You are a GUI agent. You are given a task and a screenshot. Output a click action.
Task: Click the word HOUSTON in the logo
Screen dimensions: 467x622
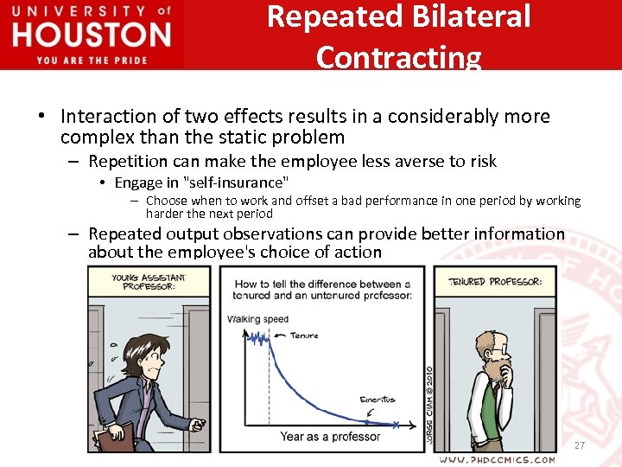click(x=92, y=35)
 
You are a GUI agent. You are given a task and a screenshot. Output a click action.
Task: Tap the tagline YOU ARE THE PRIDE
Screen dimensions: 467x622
click(x=92, y=60)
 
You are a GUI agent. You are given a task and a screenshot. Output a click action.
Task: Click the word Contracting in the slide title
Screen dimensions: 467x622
click(x=398, y=57)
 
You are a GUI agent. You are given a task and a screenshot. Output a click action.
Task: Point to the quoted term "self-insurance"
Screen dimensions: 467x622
click(x=237, y=182)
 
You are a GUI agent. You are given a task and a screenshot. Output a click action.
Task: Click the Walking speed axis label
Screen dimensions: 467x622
click(x=257, y=319)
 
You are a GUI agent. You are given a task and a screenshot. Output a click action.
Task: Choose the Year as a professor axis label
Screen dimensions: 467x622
click(x=330, y=437)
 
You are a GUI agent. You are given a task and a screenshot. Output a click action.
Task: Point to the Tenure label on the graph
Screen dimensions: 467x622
click(x=304, y=336)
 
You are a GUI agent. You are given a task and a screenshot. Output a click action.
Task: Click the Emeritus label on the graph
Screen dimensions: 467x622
click(x=377, y=400)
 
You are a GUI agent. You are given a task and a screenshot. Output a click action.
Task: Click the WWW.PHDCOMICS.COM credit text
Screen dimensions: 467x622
click(x=497, y=459)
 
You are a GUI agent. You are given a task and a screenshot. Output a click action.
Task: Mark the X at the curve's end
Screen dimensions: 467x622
click(x=396, y=424)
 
